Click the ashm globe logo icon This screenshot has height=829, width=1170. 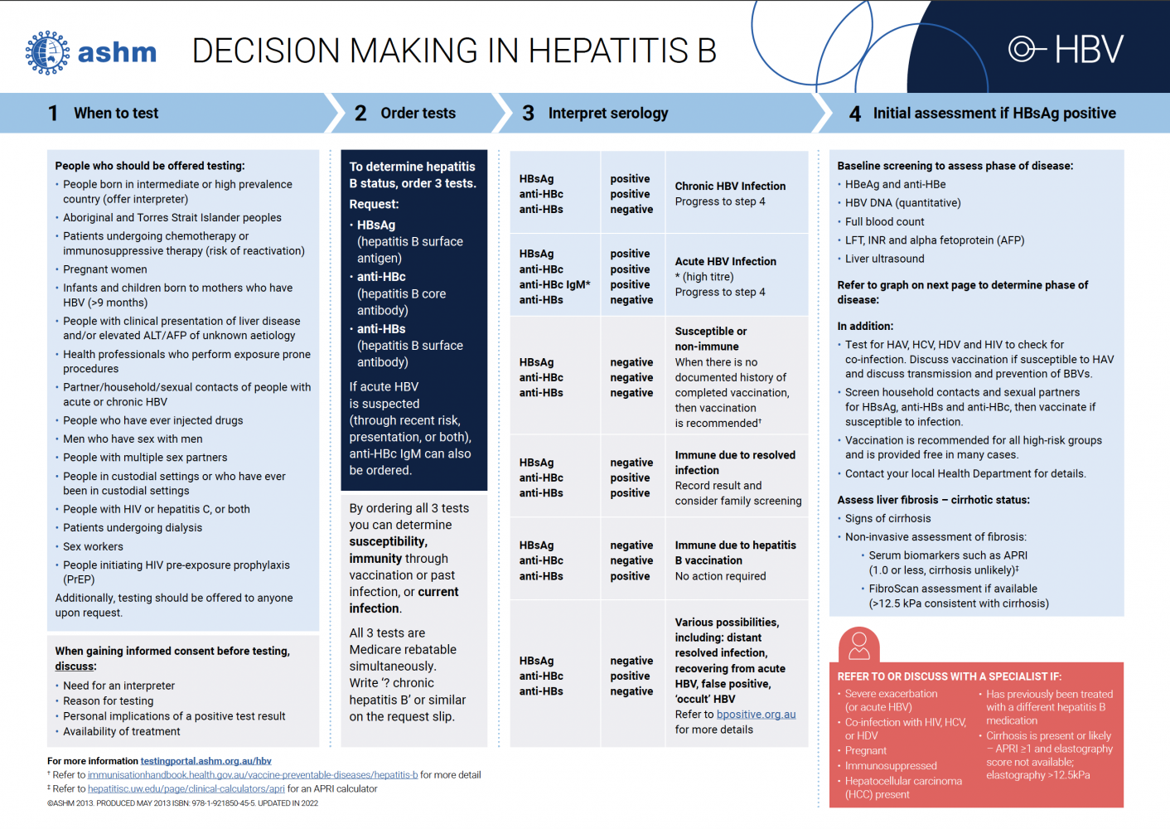pyautogui.click(x=47, y=53)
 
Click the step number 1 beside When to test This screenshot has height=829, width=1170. pyautogui.click(x=53, y=114)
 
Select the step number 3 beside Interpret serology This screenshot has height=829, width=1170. pyautogui.click(x=528, y=114)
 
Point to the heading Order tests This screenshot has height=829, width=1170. pyautogui.click(x=418, y=114)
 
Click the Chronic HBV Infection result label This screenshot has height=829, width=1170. pyautogui.click(x=730, y=187)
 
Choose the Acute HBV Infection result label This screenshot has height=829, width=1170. pyautogui.click(x=725, y=262)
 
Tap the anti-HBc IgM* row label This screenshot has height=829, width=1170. pyautogui.click(x=554, y=285)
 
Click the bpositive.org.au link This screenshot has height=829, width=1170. pyautogui.click(x=756, y=715)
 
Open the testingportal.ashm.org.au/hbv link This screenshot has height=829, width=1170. pyautogui.click(x=205, y=761)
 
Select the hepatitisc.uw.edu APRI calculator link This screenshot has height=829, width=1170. pyautogui.click(x=186, y=789)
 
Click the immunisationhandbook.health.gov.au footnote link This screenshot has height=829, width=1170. pyautogui.click(x=253, y=775)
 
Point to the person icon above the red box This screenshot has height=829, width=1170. pyautogui.click(x=859, y=644)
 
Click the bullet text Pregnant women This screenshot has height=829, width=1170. pyautogui.click(x=105, y=269)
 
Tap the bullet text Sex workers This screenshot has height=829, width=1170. pyautogui.click(x=93, y=547)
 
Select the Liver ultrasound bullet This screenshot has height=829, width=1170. pyautogui.click(x=884, y=259)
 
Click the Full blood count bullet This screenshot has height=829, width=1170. pyautogui.click(x=884, y=222)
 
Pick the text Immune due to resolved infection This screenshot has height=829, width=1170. pyautogui.click(x=734, y=463)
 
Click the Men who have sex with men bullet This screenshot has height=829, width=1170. pyautogui.click(x=133, y=439)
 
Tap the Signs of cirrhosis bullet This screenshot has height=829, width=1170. pyautogui.click(x=887, y=519)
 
